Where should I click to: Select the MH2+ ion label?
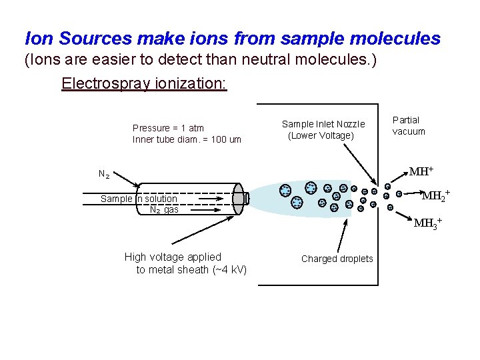pos(435,196)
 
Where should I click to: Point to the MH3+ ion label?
pos(427,223)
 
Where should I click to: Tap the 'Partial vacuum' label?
pos(408,125)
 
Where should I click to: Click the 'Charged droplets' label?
pos(337,259)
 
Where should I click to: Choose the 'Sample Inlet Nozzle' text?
pos(323,123)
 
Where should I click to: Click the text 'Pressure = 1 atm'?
pos(168,128)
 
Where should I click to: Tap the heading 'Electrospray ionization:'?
pos(144,84)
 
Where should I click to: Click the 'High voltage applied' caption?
pos(173,257)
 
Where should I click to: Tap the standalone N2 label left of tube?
pos(104,175)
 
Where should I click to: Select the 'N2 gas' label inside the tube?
pos(164,210)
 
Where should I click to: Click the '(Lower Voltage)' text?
pos(321,135)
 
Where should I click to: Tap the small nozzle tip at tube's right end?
pos(246,198)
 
